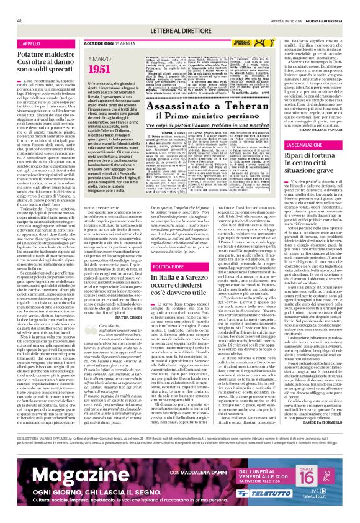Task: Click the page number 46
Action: (20, 20)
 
